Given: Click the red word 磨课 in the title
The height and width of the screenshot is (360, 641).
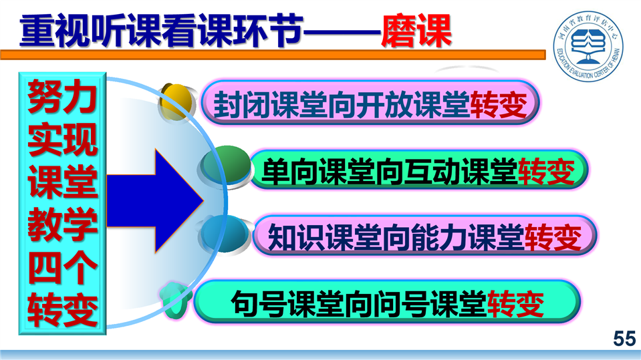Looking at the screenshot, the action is (x=416, y=31).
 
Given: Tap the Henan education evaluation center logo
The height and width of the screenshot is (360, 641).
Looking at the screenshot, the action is (x=588, y=45).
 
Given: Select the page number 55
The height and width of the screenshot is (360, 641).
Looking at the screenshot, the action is (x=624, y=339).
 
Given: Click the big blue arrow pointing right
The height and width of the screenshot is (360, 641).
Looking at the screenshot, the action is (x=155, y=200).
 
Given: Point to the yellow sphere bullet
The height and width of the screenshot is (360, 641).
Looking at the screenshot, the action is (x=176, y=102).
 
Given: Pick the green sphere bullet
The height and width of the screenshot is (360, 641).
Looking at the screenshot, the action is (x=226, y=165).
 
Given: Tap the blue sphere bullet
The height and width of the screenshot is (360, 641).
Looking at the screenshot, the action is (x=225, y=234).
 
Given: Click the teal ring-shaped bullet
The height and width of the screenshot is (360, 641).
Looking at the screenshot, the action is (x=174, y=301).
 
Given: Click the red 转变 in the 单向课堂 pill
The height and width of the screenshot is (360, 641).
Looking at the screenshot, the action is (x=547, y=172).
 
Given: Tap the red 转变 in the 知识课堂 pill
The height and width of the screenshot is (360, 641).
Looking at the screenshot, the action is (x=553, y=237).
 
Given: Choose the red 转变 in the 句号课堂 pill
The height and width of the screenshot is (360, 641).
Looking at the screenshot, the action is (x=515, y=304).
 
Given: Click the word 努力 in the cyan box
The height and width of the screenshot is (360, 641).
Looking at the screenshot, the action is (x=63, y=98).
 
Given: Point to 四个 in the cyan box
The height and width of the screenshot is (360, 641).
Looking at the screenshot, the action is (x=63, y=268).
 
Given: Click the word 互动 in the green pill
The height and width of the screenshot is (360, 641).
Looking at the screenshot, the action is (x=432, y=172).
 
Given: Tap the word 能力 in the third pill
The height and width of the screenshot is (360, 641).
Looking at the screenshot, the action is (x=439, y=237).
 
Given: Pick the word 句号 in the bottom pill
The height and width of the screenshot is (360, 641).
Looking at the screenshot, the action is (x=259, y=304).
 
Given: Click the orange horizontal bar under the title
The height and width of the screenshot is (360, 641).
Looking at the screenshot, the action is (x=273, y=55).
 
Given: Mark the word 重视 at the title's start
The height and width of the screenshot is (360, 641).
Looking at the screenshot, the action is (x=55, y=31).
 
